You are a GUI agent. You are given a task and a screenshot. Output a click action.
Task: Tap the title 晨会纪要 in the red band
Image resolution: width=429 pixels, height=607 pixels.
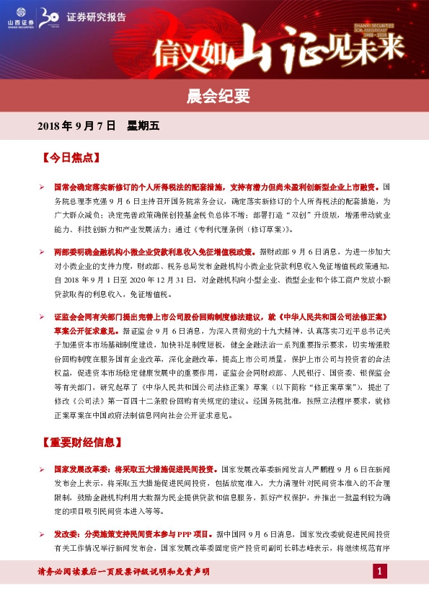pos(213,94)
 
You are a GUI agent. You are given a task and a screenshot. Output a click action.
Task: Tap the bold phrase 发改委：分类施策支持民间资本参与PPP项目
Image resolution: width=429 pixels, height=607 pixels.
pos(130,534)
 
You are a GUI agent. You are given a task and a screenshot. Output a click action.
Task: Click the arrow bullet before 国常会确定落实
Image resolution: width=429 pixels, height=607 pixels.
pos(42,187)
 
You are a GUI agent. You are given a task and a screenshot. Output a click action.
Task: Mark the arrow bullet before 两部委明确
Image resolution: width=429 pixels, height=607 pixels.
pos(42,252)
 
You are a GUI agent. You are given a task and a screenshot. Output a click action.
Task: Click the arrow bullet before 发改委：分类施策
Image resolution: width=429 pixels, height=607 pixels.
pos(42,535)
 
